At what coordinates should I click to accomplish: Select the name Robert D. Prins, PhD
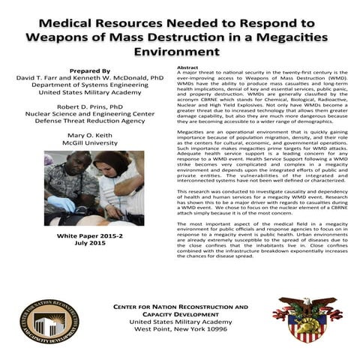pos(88,107)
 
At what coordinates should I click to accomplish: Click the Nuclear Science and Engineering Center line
pos(88,117)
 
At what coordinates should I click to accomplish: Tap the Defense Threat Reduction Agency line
pos(88,126)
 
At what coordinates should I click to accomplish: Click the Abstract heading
pos(187,67)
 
